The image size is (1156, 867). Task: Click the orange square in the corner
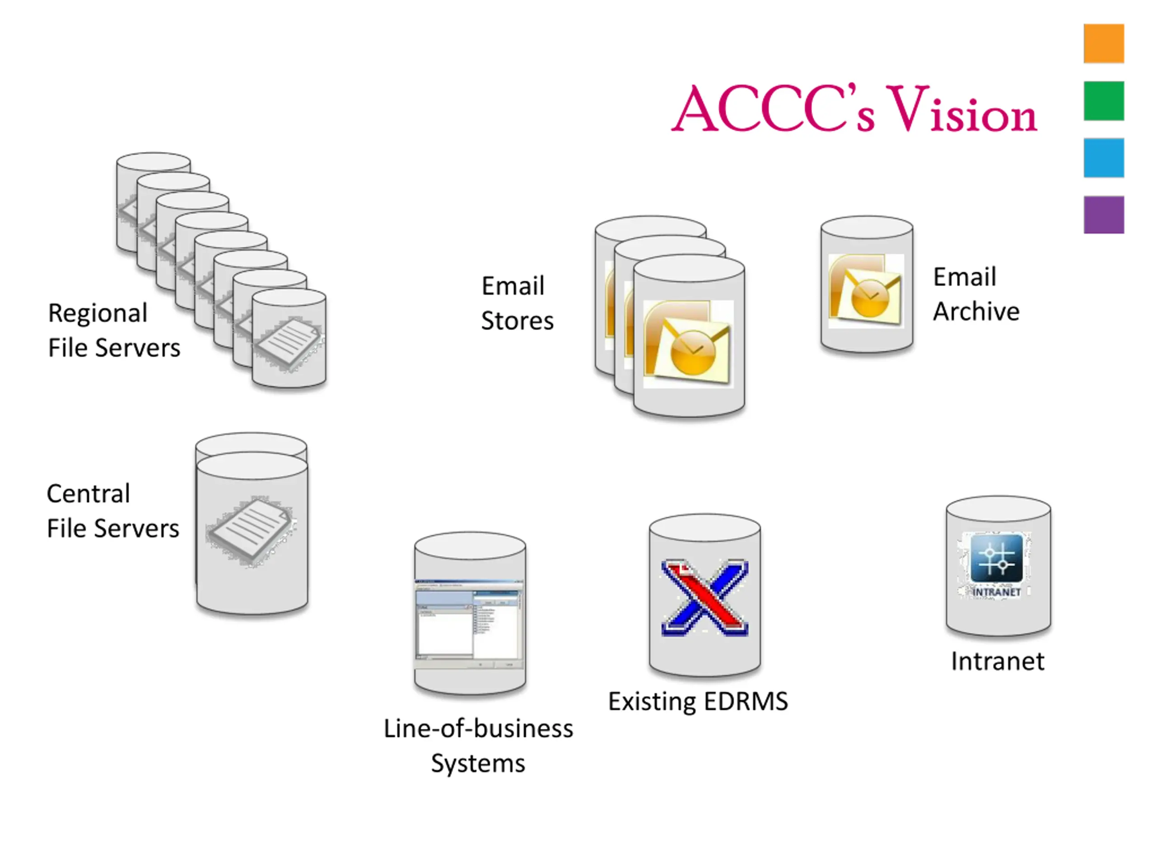click(x=1103, y=43)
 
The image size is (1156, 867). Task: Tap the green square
click(x=1103, y=101)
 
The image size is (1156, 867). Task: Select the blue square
click(x=1103, y=158)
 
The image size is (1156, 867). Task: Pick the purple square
click(x=1103, y=215)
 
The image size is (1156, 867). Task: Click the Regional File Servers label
click(x=114, y=330)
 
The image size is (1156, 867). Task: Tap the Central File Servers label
click(x=112, y=511)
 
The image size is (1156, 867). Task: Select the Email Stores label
click(x=517, y=303)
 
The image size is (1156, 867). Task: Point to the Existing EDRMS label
click(x=698, y=701)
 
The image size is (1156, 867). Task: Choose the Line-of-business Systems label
click(x=478, y=746)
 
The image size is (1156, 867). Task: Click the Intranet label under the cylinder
click(x=997, y=661)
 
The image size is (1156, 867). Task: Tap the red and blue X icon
click(x=704, y=598)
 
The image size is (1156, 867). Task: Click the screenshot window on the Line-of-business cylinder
click(x=469, y=623)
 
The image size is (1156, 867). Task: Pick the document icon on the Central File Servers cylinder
click(x=252, y=531)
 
